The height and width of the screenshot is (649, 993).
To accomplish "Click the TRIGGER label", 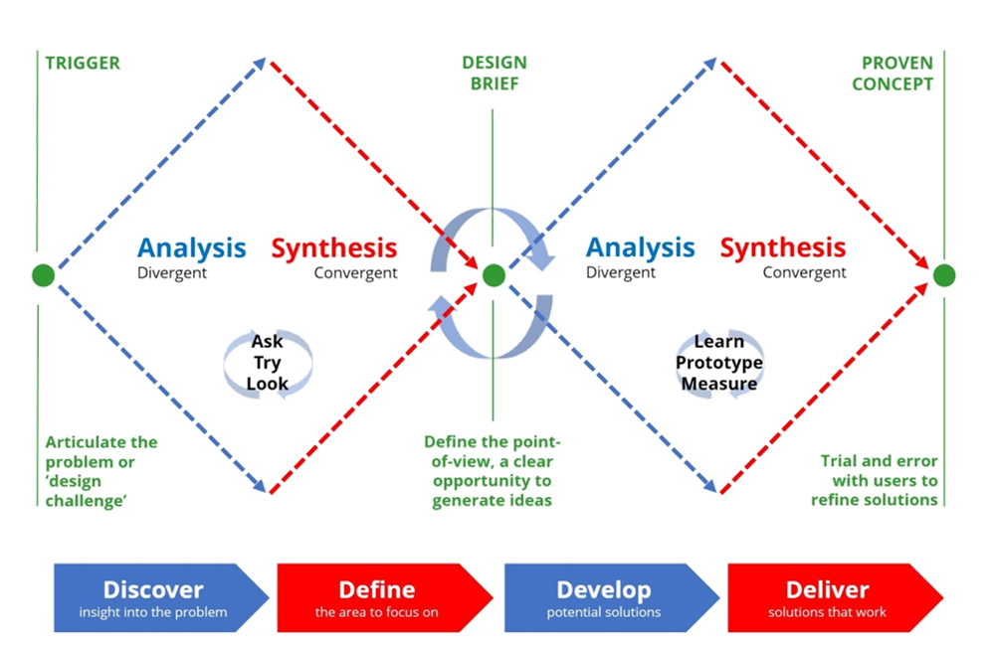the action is (83, 64).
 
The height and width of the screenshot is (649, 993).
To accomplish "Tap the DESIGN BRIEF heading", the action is (494, 73).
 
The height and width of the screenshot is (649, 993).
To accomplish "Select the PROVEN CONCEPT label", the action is (893, 74).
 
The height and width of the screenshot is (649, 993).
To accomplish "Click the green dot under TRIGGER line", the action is (43, 275).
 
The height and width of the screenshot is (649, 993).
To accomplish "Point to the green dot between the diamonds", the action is (494, 275).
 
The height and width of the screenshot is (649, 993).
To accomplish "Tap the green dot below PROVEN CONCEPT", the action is (943, 275).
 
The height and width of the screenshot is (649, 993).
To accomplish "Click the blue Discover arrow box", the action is (161, 597).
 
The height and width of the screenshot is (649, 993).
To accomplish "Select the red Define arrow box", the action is (385, 597).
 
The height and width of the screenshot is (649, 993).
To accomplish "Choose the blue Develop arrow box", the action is (612, 597).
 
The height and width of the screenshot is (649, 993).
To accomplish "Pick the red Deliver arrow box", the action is (836, 597).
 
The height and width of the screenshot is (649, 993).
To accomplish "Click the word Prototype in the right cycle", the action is (718, 363).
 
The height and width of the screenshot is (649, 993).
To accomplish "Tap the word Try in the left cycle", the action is (268, 363).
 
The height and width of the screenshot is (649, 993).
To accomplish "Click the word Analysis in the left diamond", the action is (191, 247).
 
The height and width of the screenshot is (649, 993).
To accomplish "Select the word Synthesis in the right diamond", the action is (783, 247).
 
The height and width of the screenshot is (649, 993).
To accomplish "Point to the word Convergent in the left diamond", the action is (356, 272).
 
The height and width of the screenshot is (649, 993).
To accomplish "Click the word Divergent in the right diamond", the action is (621, 272).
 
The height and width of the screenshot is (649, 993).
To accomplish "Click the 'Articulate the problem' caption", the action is (101, 471).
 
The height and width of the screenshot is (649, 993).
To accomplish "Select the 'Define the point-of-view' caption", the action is (493, 471).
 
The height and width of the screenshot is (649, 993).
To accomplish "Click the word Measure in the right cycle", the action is (718, 384).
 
